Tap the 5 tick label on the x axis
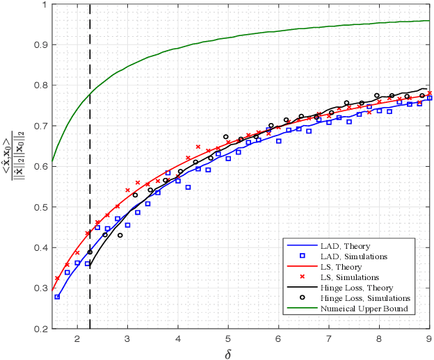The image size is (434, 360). click(227, 338)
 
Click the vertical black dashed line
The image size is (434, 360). click(90, 139)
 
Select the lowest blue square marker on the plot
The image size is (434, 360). click(57, 297)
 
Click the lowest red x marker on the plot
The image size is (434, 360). click(57, 279)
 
